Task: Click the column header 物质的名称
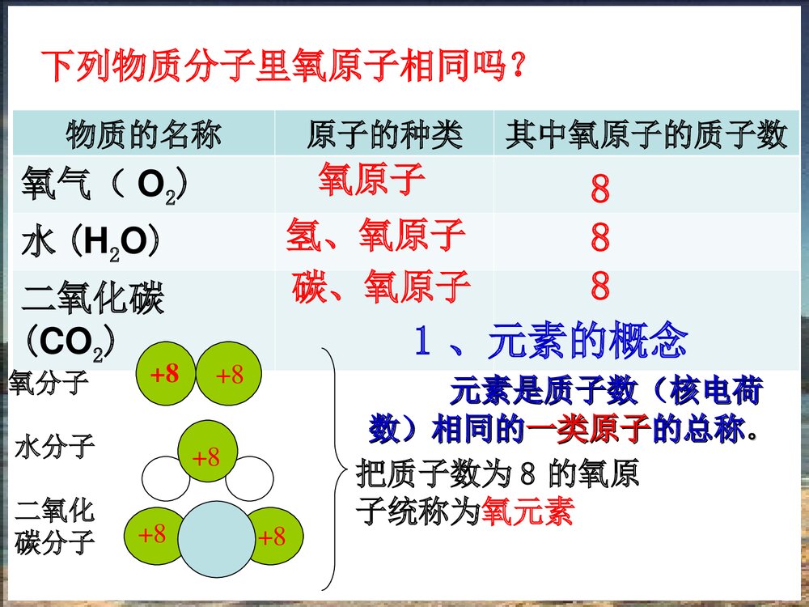(x=143, y=134)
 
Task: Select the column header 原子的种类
(x=384, y=134)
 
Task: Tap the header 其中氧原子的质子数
(x=646, y=134)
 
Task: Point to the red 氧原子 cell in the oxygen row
(x=371, y=180)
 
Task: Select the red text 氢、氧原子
(x=375, y=236)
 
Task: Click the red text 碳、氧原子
(x=381, y=286)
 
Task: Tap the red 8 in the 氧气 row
(x=599, y=190)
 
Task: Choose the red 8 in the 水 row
(x=599, y=239)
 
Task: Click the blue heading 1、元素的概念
(x=549, y=342)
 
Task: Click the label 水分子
(x=54, y=446)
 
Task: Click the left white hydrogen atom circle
(x=165, y=479)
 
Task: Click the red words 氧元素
(x=527, y=512)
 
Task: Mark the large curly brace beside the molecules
(x=332, y=469)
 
